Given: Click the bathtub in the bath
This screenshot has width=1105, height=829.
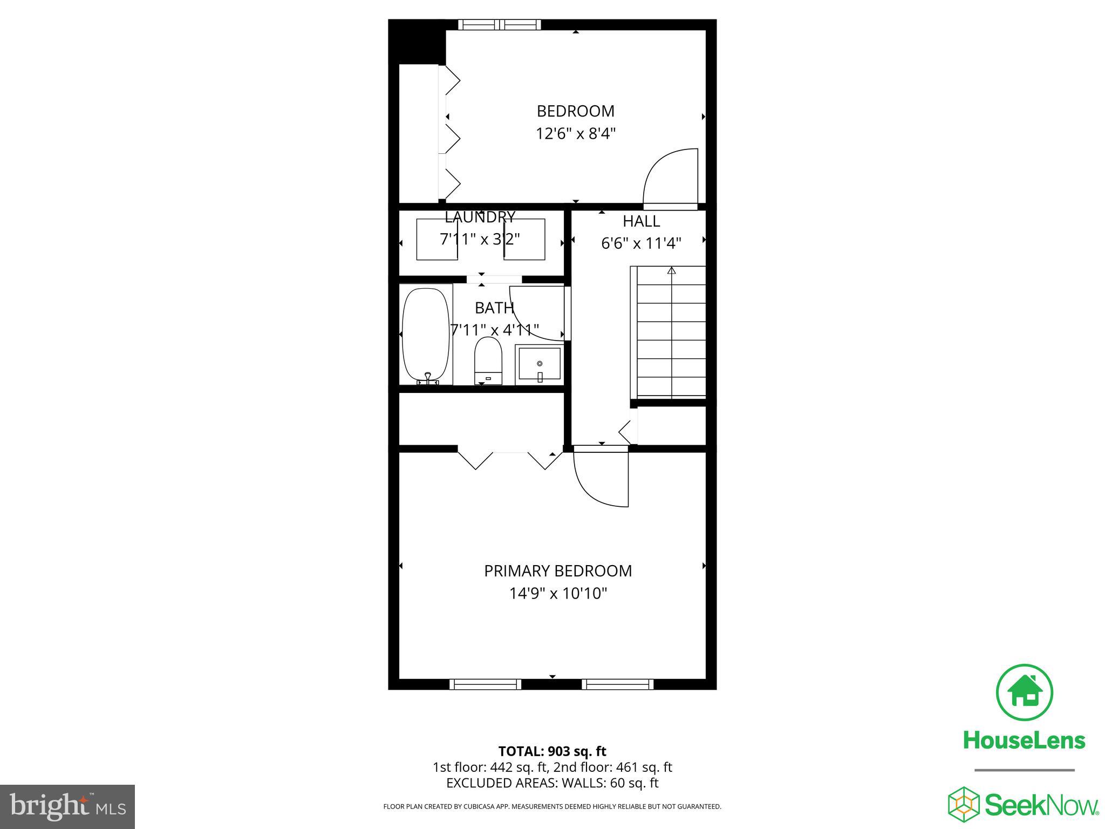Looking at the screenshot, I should [426, 335].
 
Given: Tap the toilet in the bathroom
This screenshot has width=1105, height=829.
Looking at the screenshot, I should [488, 361].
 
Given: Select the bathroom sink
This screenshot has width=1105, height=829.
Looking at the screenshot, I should [539, 365].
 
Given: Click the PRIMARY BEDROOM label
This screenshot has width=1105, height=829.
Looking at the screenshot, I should [557, 570].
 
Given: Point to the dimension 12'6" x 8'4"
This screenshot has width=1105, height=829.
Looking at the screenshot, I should [575, 133].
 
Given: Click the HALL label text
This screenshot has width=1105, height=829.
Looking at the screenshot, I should [641, 221].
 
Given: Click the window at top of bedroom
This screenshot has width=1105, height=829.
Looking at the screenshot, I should [499, 24].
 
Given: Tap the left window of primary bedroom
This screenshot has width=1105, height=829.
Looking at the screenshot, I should [485, 684].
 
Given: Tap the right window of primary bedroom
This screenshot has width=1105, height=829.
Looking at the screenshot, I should [617, 684].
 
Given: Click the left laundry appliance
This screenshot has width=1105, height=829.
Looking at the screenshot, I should [437, 239].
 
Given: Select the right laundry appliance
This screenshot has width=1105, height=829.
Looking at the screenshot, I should [524, 239].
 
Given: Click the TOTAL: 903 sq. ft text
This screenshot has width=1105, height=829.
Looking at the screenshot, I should [552, 751].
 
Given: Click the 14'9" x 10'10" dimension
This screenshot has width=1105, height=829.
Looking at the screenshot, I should [558, 594].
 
